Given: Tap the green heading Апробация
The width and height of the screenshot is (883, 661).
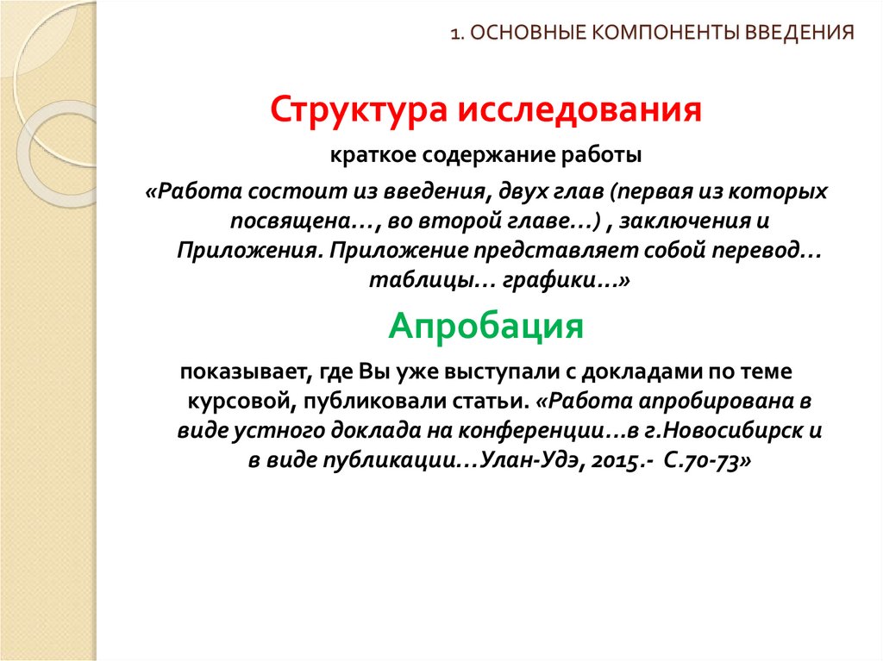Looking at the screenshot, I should click(485, 327).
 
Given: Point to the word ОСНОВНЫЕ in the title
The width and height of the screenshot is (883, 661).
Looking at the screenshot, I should click(517, 34).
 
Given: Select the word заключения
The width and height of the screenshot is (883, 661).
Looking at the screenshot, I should click(693, 221).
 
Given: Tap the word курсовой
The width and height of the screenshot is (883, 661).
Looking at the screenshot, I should click(230, 402).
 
